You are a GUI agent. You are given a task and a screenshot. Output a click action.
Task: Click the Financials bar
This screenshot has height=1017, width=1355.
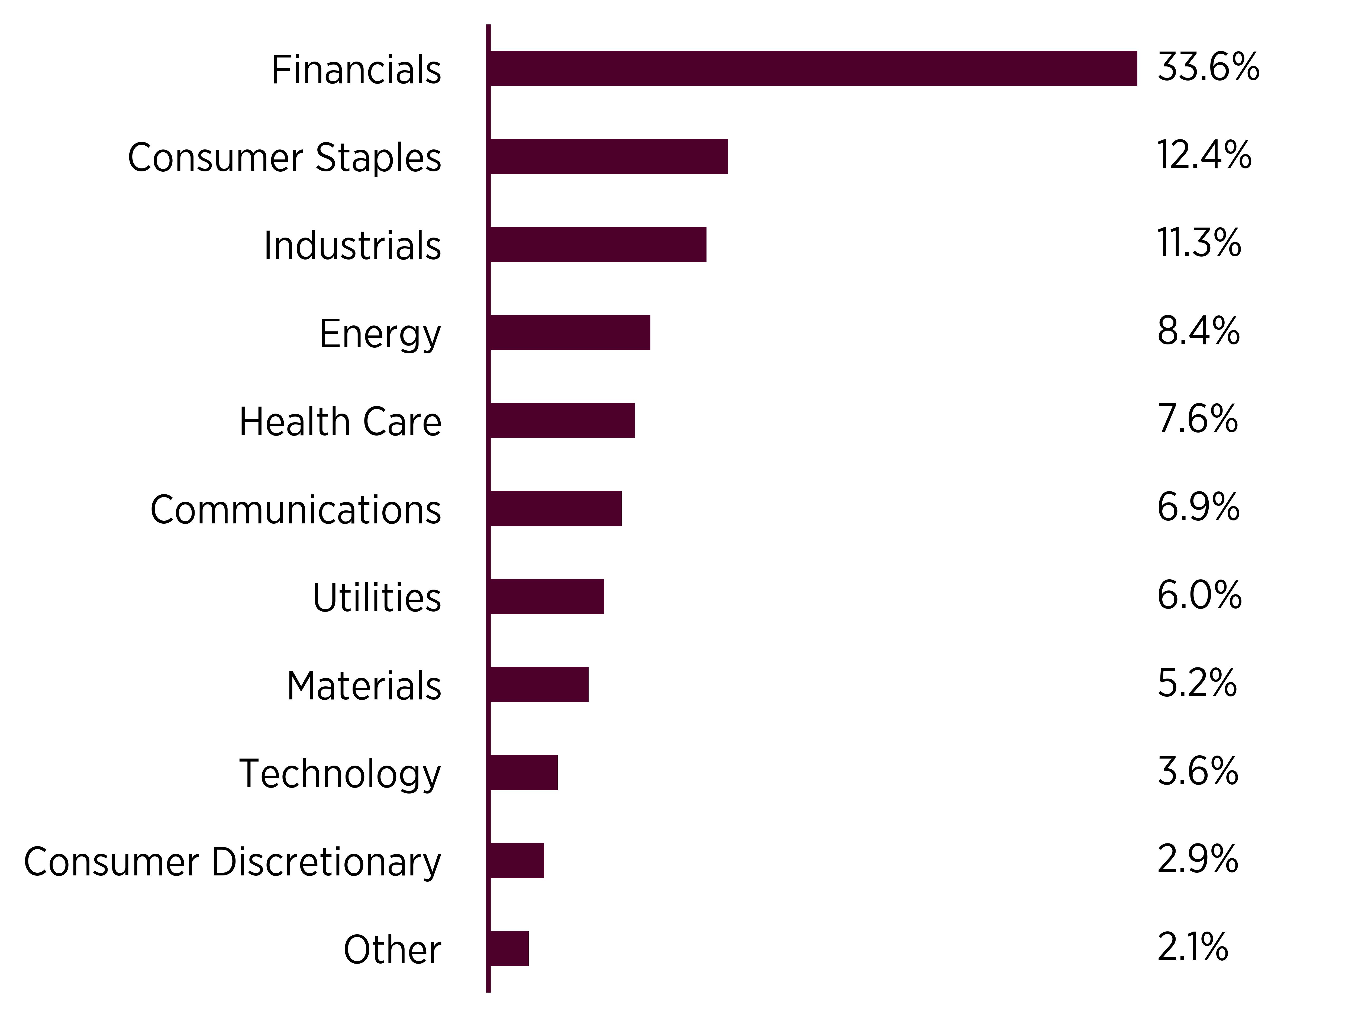[814, 69]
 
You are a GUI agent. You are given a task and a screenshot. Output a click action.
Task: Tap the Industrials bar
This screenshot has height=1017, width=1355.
[598, 245]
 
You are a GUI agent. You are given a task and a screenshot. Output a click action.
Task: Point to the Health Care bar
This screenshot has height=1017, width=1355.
[562, 421]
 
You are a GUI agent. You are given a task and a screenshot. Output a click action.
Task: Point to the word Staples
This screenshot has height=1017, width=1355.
[378, 158]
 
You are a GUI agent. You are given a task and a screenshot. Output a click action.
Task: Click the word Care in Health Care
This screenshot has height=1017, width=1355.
[402, 422]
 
